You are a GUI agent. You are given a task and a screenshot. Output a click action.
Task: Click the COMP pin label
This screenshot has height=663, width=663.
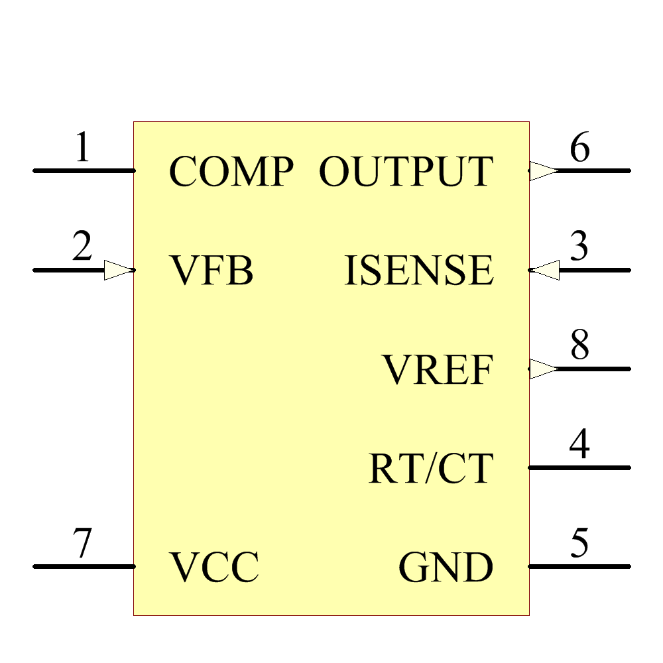(231, 171)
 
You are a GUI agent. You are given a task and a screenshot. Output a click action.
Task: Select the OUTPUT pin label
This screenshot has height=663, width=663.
(406, 171)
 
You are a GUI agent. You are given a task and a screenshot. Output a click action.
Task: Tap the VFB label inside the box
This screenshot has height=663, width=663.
(212, 271)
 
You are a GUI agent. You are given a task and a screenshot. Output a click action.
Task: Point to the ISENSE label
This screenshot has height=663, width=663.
(419, 271)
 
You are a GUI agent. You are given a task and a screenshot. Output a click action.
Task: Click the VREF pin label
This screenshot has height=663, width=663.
(438, 369)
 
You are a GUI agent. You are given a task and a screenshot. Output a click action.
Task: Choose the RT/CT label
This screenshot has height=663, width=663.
(431, 468)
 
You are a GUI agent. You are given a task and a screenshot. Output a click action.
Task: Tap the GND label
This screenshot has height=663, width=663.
(446, 567)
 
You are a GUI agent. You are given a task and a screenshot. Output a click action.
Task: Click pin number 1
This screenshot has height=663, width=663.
(82, 148)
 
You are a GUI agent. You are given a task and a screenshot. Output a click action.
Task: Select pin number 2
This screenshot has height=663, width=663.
(82, 247)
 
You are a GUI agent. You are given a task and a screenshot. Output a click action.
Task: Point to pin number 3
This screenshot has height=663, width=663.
(579, 247)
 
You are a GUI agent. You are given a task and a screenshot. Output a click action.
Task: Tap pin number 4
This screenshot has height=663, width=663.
(579, 445)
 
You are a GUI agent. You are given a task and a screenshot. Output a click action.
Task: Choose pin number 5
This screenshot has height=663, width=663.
(579, 544)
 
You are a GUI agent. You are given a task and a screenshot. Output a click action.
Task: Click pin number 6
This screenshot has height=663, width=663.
(579, 148)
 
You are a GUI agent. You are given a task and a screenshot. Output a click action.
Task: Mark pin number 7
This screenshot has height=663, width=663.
(82, 544)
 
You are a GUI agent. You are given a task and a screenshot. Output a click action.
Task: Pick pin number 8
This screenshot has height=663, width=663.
(579, 346)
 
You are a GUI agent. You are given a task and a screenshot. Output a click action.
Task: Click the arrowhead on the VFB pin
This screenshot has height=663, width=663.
(119, 270)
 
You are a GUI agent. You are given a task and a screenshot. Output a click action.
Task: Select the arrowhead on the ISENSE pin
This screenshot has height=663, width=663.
(545, 270)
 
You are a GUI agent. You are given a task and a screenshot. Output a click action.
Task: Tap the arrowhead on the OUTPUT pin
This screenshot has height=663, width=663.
(544, 170)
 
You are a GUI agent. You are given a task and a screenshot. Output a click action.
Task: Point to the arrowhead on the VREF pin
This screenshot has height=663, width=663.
(544, 369)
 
